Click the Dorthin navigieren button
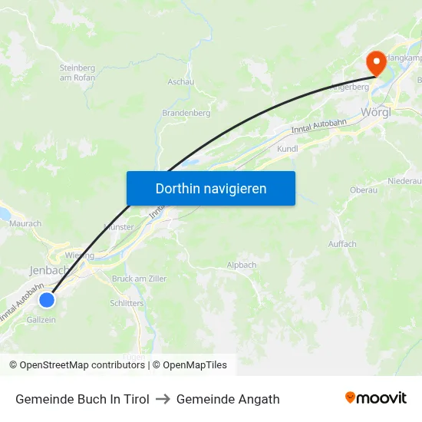point(210,188)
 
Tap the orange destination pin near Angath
point(376,62)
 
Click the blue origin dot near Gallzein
point(47,299)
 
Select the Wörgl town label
point(375,112)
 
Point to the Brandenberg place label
point(186,113)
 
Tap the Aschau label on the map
point(180,81)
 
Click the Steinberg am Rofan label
point(77,72)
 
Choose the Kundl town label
point(287,149)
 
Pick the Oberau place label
point(363,190)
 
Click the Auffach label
point(342,244)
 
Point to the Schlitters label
point(127,303)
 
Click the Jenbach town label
point(49,270)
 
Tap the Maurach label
point(26,223)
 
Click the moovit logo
point(375,397)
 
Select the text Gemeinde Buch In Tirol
point(82,399)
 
